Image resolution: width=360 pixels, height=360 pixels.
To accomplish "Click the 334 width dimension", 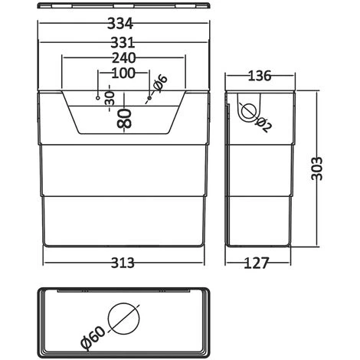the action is click(120, 24).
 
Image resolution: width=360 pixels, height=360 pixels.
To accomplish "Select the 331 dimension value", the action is click(123, 43).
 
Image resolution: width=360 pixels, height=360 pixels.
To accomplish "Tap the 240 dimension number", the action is click(124, 58).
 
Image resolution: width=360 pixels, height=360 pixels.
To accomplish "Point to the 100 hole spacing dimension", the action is click(123, 73).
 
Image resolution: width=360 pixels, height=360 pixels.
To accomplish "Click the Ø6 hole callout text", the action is click(159, 83).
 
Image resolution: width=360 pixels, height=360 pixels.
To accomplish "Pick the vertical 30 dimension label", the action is click(110, 99).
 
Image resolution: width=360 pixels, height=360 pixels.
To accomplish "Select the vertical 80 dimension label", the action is click(124, 118).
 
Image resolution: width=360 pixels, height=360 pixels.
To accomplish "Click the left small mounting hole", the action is click(97, 98).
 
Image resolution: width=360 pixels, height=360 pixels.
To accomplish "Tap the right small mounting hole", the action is click(149, 98).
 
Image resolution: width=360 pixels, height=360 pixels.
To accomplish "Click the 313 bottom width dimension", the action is click(123, 263).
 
